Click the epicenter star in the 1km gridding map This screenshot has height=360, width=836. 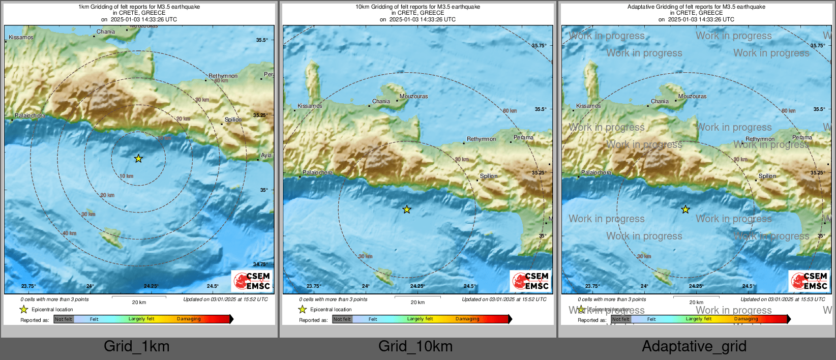tap(138, 159)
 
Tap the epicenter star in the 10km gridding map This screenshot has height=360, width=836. tap(407, 209)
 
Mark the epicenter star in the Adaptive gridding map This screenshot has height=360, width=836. tap(685, 209)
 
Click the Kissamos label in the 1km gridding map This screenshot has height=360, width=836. tap(21, 37)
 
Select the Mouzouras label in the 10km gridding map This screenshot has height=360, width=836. tap(413, 96)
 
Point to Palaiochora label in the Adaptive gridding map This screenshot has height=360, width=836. tap(596, 172)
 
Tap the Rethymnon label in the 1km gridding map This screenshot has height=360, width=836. tap(223, 76)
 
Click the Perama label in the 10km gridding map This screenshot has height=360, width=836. tap(523, 137)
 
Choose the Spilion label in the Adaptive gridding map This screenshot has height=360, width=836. tap(767, 176)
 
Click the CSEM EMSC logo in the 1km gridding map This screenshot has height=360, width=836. tap(252, 281)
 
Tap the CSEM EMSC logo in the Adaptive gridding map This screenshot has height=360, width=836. tap(810, 281)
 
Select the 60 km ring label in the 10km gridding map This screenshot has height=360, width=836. tap(510, 111)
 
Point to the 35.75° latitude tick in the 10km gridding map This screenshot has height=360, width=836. tap(539, 45)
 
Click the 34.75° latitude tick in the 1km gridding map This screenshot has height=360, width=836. tap(260, 264)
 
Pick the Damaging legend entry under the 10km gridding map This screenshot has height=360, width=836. tap(467, 319)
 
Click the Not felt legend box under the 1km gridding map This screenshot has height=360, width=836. tap(64, 319)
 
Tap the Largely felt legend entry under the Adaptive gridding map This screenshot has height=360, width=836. tap(699, 319)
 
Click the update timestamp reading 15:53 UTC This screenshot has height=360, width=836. tap(783, 299)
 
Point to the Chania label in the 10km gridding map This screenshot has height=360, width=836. tap(381, 101)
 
